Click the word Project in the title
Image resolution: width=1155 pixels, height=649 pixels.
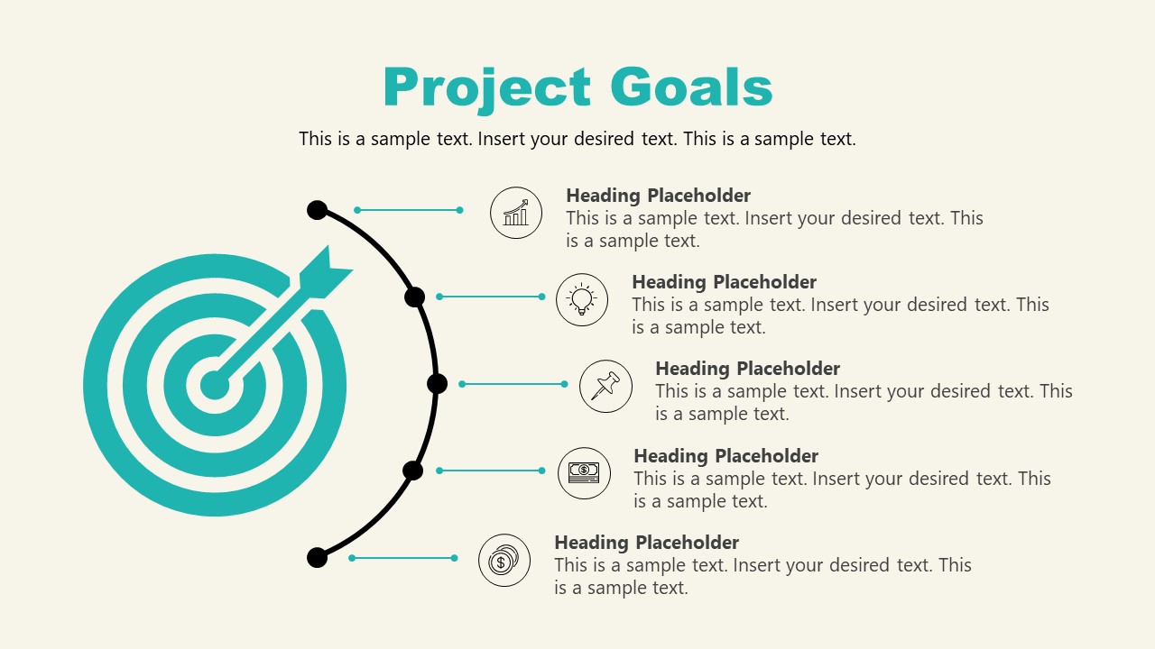pyautogui.click(x=487, y=88)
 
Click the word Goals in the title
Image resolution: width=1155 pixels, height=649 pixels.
pyautogui.click(x=691, y=88)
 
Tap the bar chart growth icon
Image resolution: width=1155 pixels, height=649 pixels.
pyautogui.click(x=516, y=213)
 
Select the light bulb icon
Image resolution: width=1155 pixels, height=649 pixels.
pyautogui.click(x=582, y=299)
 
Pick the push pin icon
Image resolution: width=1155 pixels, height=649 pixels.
pyautogui.click(x=605, y=386)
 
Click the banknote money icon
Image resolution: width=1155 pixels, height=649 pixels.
pyautogui.click(x=584, y=472)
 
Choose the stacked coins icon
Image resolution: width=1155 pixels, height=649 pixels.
pyautogui.click(x=504, y=561)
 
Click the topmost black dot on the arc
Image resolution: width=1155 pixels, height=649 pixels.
pyautogui.click(x=317, y=210)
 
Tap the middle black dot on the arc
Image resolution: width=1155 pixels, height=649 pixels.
pyautogui.click(x=437, y=384)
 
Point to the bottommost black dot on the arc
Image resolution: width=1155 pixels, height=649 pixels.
pyautogui.click(x=317, y=557)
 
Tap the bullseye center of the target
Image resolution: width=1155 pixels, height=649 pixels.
pyautogui.click(x=214, y=385)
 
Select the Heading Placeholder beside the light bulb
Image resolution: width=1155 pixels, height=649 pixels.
pyautogui.click(x=724, y=282)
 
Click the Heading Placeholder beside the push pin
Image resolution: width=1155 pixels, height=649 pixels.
pyautogui.click(x=747, y=369)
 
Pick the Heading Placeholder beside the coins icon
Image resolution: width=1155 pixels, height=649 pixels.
pyautogui.click(x=646, y=543)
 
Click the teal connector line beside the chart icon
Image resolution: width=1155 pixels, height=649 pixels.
pyautogui.click(x=409, y=210)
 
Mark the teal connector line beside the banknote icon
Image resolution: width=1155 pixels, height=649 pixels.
pyautogui.click(x=491, y=471)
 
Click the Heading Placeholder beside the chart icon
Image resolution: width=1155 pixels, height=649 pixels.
pyautogui.click(x=658, y=196)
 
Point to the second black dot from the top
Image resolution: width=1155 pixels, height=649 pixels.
pyautogui.click(x=414, y=297)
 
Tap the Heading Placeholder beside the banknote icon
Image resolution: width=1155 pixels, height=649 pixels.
pyautogui.click(x=725, y=456)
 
